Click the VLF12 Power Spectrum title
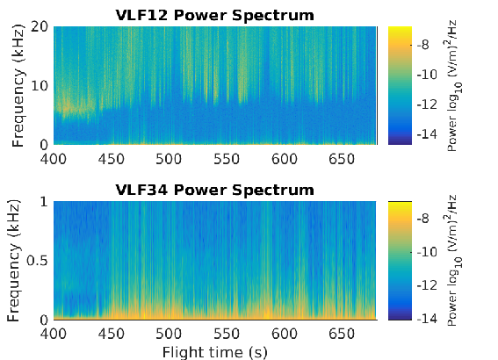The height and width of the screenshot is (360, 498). point(214,15)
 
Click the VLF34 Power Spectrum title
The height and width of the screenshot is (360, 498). point(214,191)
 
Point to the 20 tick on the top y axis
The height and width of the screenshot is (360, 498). point(40,26)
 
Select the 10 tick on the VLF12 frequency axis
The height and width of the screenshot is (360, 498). point(40,86)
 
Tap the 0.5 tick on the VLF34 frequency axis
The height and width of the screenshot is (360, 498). point(37,261)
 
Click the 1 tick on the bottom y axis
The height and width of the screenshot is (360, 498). point(44,202)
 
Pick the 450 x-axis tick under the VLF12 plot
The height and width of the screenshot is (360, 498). point(112,159)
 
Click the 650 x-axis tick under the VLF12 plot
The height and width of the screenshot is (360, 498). point(342,159)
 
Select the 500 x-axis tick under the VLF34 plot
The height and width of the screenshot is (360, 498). point(169,334)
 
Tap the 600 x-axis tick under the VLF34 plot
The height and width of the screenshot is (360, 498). point(285,334)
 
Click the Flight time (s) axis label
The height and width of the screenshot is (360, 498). point(215,352)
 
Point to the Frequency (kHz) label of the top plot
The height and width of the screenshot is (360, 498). point(18,86)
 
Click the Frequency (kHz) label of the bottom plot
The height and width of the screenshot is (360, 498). point(13,261)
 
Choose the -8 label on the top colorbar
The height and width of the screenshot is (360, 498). point(422,45)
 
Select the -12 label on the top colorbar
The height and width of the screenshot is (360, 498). point(427,104)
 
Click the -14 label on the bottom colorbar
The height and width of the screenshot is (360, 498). point(427,318)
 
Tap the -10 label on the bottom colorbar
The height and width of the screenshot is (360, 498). point(427,252)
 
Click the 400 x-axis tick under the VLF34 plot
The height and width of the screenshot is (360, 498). point(54,334)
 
